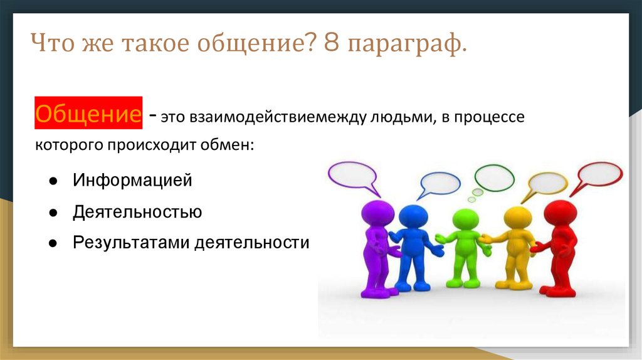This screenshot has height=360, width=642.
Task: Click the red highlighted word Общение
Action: pyautogui.click(x=88, y=113)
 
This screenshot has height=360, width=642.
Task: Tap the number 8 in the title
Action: pyautogui.click(x=332, y=42)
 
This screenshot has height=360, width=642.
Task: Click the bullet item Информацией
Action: pyautogui.click(x=132, y=180)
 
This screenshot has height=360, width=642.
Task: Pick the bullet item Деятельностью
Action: pyautogui.click(x=137, y=212)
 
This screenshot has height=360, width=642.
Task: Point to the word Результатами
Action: pyautogui.click(x=131, y=243)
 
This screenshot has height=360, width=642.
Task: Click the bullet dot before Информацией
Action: pyautogui.click(x=53, y=181)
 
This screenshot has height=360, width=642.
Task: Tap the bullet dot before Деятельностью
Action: pyautogui.click(x=53, y=213)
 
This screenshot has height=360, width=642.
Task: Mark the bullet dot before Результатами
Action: pyautogui.click(x=53, y=243)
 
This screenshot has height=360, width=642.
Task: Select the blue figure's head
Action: pyautogui.click(x=413, y=216)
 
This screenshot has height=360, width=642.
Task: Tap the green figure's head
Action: pyautogui.click(x=466, y=220)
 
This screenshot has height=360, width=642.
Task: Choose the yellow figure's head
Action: pyautogui.click(x=517, y=218)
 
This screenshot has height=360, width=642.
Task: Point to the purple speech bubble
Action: pyautogui.click(x=353, y=175)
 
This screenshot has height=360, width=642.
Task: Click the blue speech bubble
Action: pyautogui.click(x=439, y=184)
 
